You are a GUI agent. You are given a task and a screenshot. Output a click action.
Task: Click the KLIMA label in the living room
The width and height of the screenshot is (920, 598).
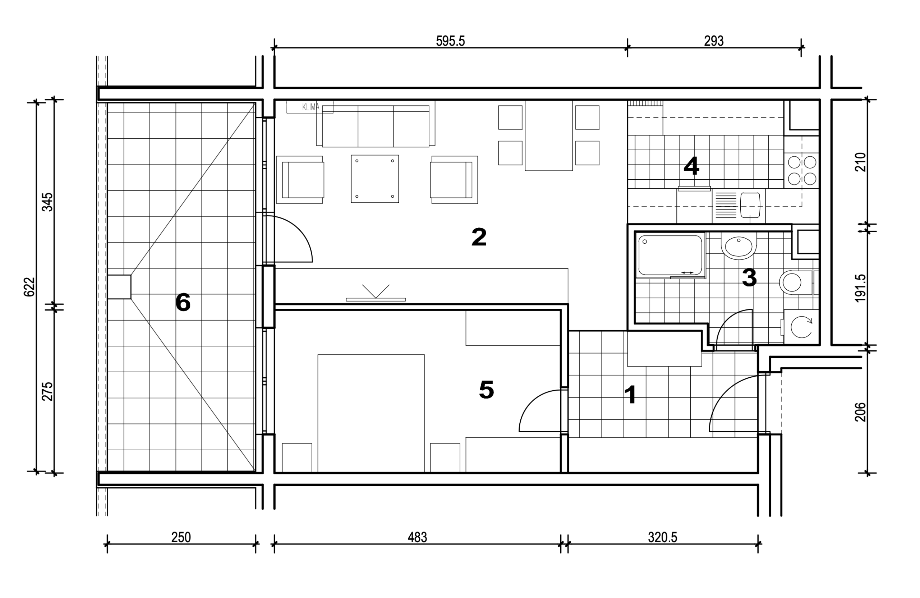311,107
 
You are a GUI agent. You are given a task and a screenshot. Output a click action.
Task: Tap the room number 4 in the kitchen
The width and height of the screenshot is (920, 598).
691,166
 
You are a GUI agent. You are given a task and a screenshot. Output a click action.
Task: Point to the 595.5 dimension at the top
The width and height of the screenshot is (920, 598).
450,41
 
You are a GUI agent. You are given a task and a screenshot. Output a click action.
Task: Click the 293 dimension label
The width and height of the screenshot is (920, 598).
714,41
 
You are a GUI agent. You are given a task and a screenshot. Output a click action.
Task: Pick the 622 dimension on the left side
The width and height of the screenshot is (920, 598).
29,287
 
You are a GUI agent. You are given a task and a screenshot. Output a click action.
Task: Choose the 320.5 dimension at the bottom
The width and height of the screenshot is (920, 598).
663,537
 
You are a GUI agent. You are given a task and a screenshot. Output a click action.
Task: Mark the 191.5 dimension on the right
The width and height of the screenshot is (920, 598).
860,288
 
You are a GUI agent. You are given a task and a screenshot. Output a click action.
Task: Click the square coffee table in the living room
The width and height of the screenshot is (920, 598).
374,179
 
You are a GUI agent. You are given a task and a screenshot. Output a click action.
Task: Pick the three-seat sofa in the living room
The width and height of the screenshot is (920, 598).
375,124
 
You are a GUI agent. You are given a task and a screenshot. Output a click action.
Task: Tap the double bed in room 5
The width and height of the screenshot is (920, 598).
371,413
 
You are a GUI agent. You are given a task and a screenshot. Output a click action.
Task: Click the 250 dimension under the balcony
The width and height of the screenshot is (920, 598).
181,537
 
